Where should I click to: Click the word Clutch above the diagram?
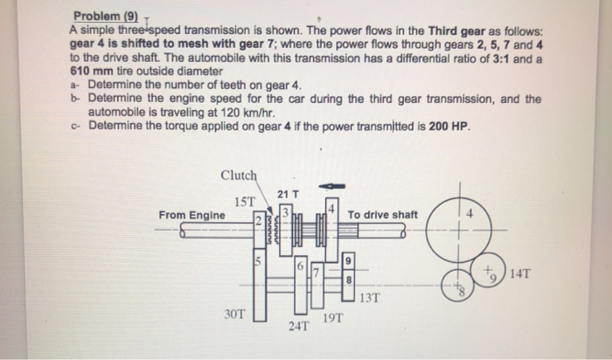[x=239, y=174]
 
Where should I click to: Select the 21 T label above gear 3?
[x=288, y=193]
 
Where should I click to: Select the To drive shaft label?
[x=382, y=215]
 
